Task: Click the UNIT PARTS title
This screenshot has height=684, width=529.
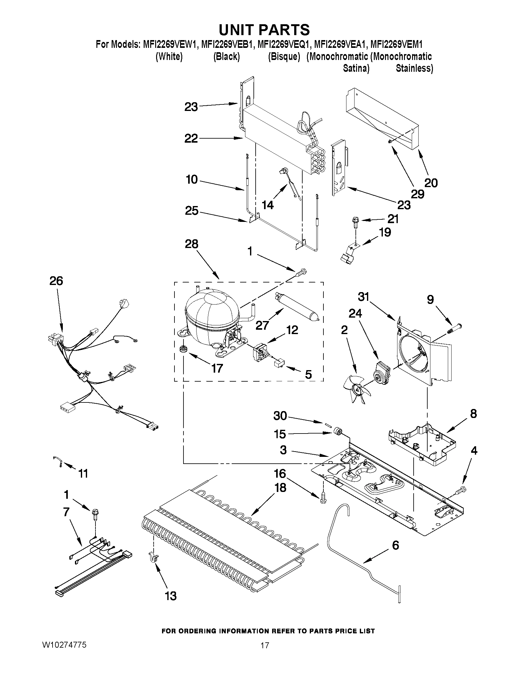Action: click(x=264, y=30)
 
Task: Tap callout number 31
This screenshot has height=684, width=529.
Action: click(x=364, y=296)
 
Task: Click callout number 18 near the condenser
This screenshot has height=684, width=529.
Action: click(x=280, y=488)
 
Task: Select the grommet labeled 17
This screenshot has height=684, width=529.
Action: click(x=182, y=349)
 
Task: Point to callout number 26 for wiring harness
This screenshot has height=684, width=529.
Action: click(x=56, y=281)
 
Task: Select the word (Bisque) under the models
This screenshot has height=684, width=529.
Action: click(x=284, y=57)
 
